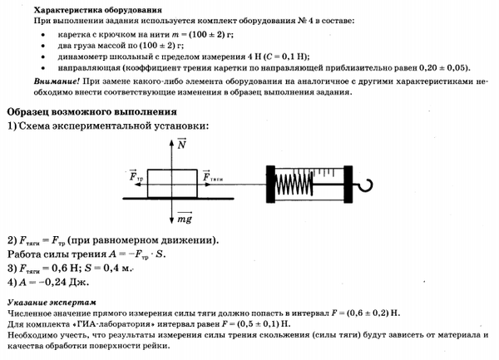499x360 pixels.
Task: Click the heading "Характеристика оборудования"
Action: (x=79, y=7)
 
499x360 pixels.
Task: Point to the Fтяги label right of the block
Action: (x=210, y=176)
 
